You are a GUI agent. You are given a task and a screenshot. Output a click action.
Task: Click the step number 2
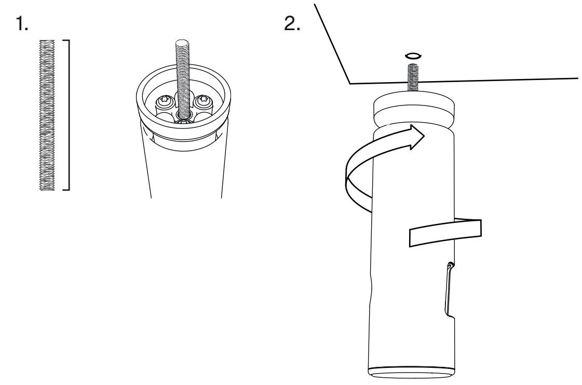[x=292, y=24]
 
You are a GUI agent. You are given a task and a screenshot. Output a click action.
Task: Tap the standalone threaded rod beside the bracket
[x=47, y=115]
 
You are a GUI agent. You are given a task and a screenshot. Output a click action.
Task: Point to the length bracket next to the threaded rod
[x=67, y=115]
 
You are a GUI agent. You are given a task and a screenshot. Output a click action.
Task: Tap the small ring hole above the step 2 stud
[x=413, y=56]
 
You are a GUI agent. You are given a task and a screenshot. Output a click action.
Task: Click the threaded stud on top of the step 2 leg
[x=413, y=77]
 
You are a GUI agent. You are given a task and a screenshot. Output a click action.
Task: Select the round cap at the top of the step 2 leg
[x=413, y=110]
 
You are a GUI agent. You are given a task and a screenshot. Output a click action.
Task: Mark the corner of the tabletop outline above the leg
[x=350, y=84]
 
